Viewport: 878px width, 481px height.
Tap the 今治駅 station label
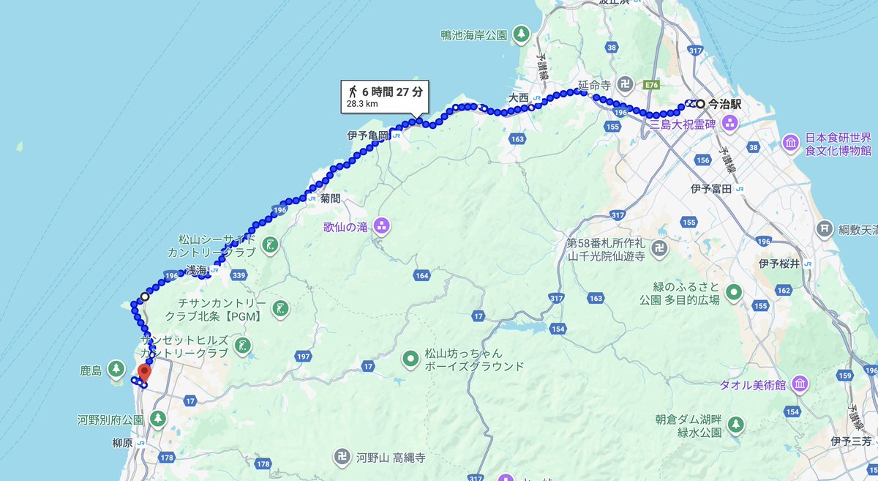click(725, 104)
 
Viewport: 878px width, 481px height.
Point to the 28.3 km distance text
click(362, 104)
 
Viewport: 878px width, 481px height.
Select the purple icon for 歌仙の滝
click(381, 226)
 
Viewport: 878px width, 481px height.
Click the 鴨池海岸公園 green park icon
click(520, 34)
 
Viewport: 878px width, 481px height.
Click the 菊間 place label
click(330, 198)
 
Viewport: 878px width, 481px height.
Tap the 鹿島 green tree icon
click(116, 368)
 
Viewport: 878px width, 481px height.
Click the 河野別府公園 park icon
click(157, 420)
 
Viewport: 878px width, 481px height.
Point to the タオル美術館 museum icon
click(799, 384)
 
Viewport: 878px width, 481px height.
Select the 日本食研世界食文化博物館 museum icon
click(790, 142)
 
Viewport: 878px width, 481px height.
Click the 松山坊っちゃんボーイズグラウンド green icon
click(410, 359)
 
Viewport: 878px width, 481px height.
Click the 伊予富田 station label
click(711, 189)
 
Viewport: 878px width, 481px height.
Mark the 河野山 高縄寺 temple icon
click(340, 458)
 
